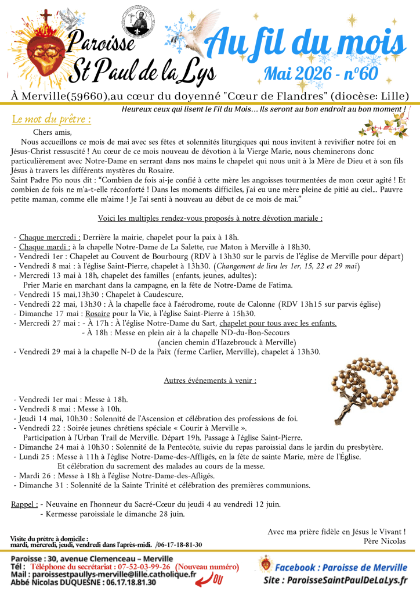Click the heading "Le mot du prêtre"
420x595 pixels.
(x=51, y=120)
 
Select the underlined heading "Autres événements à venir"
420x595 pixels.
(x=210, y=381)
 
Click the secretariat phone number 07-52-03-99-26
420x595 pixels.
(x=138, y=567)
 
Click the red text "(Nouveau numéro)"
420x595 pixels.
(x=207, y=567)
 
